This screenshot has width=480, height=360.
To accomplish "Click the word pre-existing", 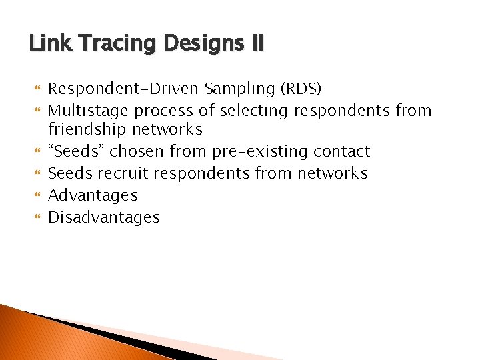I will [258, 151].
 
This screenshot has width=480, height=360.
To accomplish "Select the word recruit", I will [125, 173].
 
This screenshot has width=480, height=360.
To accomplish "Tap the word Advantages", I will [93, 195].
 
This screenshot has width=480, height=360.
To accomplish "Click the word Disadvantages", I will [104, 217].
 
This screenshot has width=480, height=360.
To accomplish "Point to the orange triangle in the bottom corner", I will [40, 337].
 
